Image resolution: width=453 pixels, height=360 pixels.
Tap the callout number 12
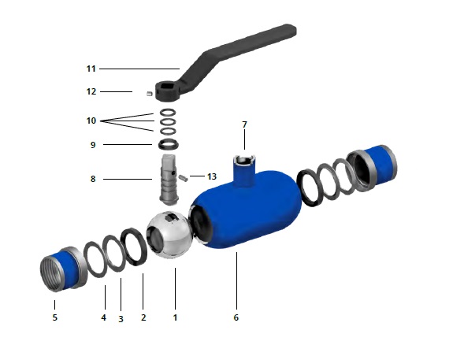[91, 91]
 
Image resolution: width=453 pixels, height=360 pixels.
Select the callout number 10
[91, 121]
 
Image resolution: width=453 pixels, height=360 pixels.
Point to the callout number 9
[93, 144]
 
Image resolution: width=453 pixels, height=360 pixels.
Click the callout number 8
[93, 180]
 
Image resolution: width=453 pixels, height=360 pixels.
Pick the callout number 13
[211, 176]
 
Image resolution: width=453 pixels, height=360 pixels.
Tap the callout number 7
[244, 124]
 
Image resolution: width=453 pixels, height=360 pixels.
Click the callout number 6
[236, 317]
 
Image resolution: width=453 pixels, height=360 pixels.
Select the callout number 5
[54, 317]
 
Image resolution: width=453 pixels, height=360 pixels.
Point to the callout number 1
[175, 317]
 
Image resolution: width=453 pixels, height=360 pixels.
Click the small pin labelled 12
[148, 94]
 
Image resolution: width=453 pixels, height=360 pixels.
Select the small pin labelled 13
[183, 176]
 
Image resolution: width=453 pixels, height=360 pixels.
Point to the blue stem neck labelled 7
[243, 169]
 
